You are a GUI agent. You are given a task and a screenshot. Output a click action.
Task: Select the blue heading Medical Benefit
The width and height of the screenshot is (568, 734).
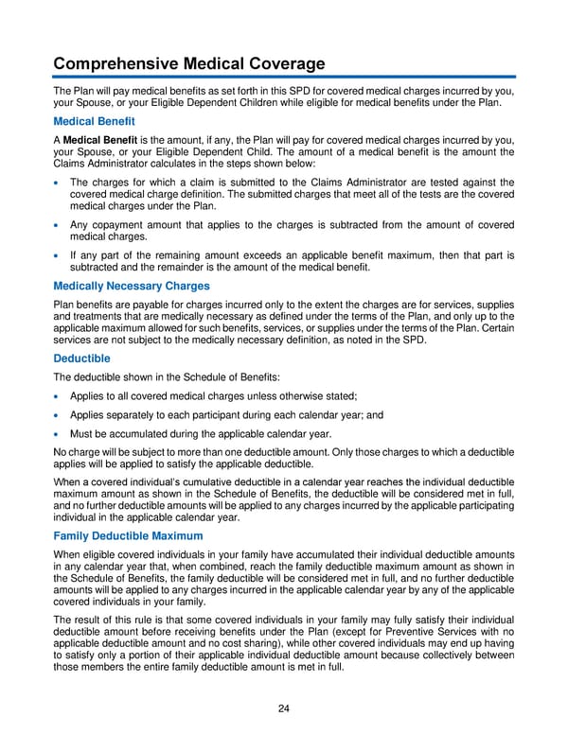point(94,121)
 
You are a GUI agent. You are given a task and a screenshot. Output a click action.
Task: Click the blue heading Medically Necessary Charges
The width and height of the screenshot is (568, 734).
point(132,286)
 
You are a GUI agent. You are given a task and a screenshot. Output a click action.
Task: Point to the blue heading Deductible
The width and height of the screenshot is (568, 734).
point(81,358)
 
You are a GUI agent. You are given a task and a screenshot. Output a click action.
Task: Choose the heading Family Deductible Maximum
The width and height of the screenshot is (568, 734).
point(127,536)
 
